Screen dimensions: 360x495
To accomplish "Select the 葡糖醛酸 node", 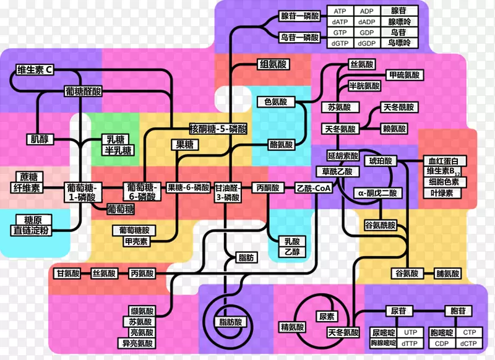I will [x=84, y=91].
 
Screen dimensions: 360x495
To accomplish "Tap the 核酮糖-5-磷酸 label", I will [x=218, y=129].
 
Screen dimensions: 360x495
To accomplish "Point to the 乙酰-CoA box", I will [x=314, y=187].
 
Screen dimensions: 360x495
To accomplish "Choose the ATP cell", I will [x=340, y=11].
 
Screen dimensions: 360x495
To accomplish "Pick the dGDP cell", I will [x=367, y=43].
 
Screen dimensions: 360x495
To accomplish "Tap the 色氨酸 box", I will [x=275, y=102].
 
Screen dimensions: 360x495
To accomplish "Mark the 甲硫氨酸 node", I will [x=403, y=75].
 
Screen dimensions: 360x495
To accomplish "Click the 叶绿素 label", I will [x=441, y=192].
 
